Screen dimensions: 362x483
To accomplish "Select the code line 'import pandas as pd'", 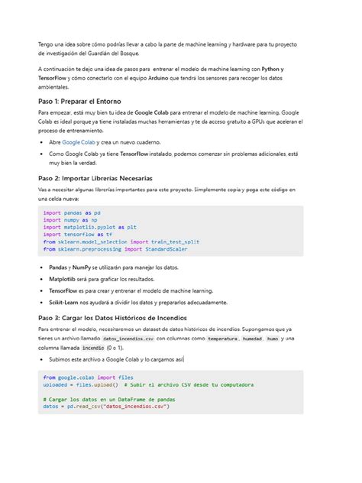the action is click(x=72, y=212).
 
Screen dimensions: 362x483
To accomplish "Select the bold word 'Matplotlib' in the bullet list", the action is click(x=66, y=280).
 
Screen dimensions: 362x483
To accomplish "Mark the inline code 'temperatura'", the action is click(x=222, y=338).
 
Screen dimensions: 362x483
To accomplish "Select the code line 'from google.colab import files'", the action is click(x=88, y=378).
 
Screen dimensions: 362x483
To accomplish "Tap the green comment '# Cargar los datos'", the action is click(x=109, y=399).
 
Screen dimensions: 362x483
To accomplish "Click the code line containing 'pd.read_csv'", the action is click(x=105, y=407).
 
